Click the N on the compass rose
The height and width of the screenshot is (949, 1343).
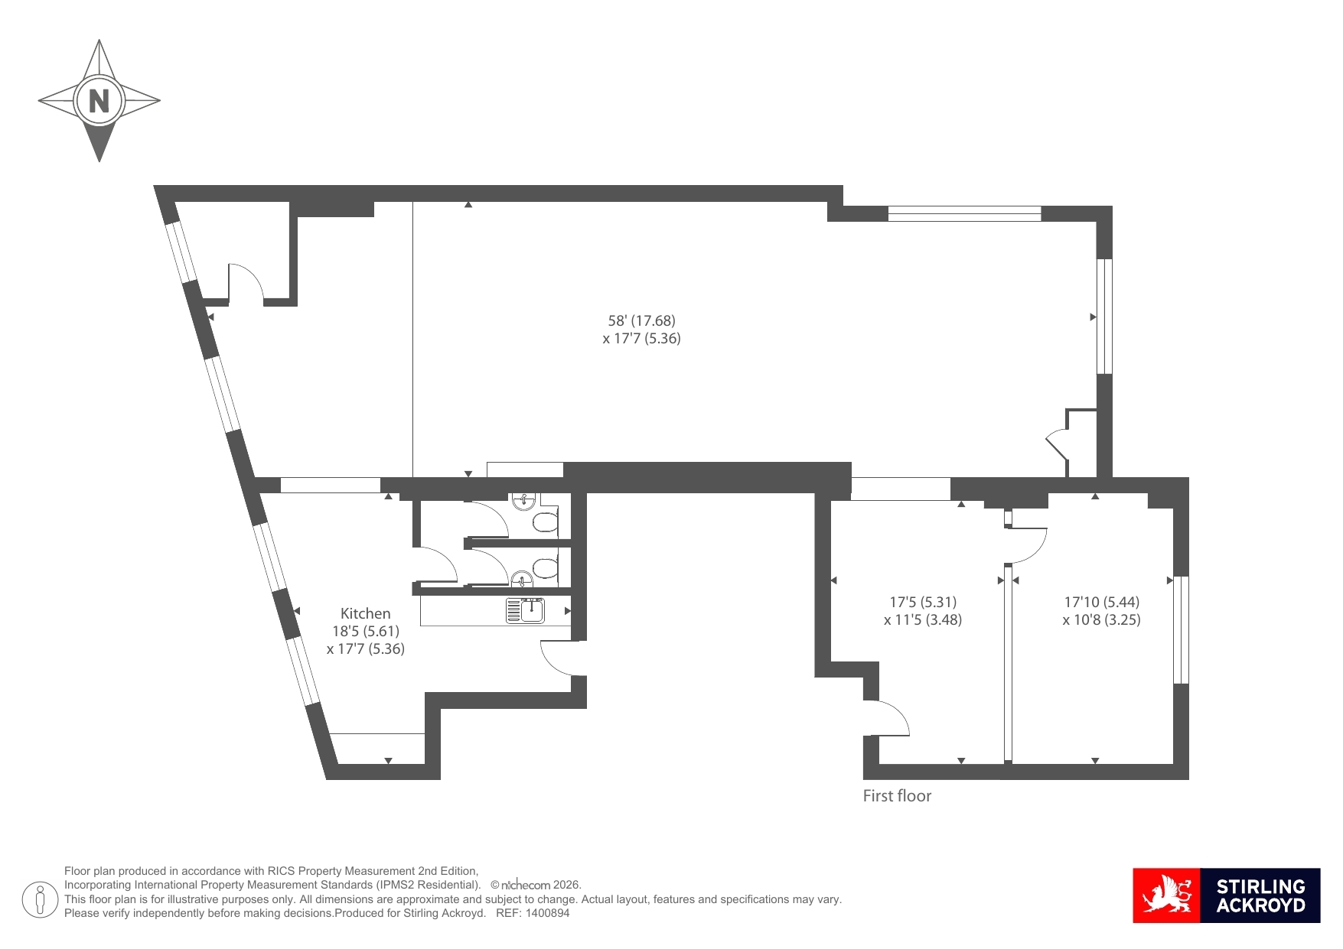99,100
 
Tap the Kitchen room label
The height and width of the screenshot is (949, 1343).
365,613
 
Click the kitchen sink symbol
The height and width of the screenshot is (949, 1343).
525,610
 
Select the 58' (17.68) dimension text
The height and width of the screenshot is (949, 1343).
641,320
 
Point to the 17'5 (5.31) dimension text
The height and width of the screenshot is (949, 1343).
923,602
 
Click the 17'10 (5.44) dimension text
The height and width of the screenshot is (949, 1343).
1101,602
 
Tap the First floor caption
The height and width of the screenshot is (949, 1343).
897,795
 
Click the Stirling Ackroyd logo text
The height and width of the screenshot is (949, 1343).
1260,895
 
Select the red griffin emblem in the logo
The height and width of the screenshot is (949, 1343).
1167,895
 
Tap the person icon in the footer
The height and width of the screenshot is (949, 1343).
40,899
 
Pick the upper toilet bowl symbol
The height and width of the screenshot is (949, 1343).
546,522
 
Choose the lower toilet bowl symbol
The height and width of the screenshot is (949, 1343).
546,569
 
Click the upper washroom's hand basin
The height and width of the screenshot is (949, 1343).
523,501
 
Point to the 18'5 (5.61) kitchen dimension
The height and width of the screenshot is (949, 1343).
365,631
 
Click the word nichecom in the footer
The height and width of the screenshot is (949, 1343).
526,885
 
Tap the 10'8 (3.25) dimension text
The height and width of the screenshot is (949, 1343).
1101,619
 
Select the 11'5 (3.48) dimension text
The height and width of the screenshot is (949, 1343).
923,619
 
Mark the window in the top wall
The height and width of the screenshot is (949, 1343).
964,213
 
